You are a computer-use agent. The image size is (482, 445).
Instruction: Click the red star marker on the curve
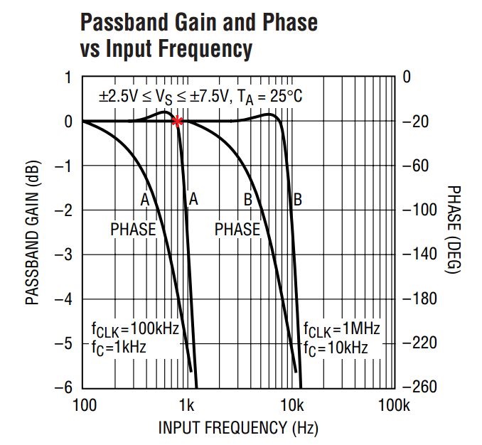[x=177, y=122]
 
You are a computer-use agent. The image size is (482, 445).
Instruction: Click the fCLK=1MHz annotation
[x=341, y=329]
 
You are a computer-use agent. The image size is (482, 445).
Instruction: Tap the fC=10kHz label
[x=336, y=348]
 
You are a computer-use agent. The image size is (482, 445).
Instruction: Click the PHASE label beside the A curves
[x=132, y=230]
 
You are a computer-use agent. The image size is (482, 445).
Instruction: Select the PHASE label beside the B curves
[x=237, y=230]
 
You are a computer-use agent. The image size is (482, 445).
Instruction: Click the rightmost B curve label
[x=298, y=200]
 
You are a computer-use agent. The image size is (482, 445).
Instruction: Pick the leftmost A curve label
[x=144, y=200]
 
